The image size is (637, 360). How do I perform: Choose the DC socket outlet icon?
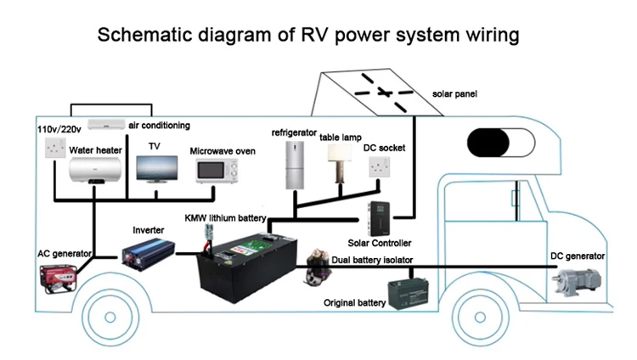(379, 167)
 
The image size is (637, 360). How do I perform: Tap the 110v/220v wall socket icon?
(57, 149)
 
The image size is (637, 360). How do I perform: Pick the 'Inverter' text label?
(149, 229)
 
